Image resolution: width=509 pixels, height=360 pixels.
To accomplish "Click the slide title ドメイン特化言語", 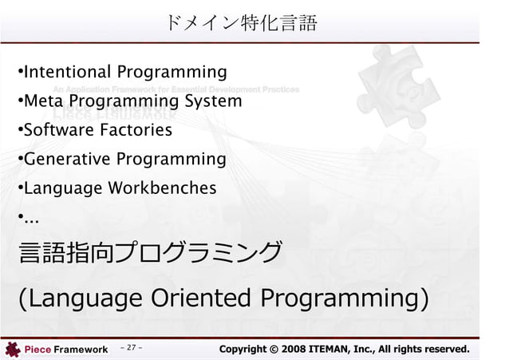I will tap(242, 23).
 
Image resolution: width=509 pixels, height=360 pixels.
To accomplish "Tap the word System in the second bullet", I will tap(212, 102).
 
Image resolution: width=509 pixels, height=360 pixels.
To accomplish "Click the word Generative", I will tap(68, 160).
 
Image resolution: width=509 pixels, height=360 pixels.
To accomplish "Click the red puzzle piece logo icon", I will tap(12, 349).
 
